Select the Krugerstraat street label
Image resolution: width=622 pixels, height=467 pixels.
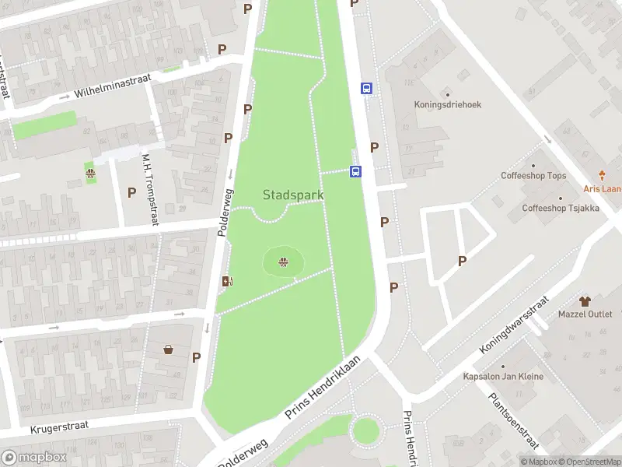pyautogui.click(x=60, y=427)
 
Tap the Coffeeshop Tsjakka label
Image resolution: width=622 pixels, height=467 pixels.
pyautogui.click(x=560, y=208)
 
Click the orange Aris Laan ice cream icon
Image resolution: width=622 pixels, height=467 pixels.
pyautogui.click(x=602, y=176)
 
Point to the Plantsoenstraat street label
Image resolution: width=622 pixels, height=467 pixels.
pyautogui.click(x=513, y=420)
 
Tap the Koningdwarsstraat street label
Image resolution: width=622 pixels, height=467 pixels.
pyautogui.click(x=515, y=325)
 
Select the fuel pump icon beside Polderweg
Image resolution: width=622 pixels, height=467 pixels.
pyautogui.click(x=227, y=282)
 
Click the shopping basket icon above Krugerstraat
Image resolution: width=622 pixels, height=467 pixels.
pyautogui.click(x=168, y=350)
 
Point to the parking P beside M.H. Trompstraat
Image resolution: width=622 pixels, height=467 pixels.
pyautogui.click(x=131, y=192)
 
